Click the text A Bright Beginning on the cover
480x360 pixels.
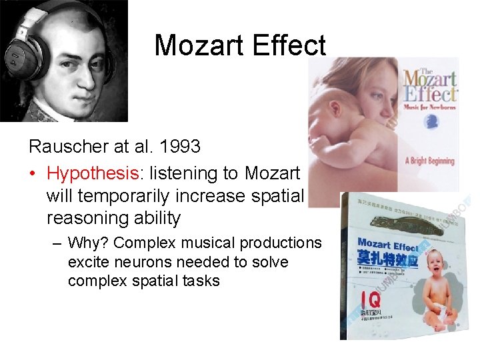point(430,161)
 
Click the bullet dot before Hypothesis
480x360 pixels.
point(33,174)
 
